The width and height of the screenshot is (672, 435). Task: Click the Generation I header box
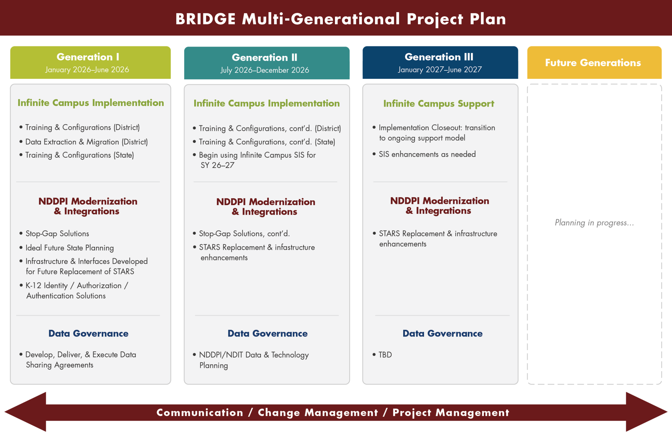pos(90,63)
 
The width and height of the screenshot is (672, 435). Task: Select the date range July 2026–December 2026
pos(265,70)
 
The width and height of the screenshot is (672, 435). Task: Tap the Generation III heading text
pos(439,57)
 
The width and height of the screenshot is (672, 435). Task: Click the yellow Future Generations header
pos(594,63)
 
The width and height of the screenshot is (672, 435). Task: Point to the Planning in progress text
pos(594,223)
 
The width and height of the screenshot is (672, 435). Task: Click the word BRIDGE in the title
pos(205,19)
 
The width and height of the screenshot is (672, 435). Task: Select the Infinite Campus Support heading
pos(439,104)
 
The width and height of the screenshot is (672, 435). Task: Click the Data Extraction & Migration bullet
pos(86,142)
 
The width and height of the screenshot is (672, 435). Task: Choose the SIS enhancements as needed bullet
pos(427,154)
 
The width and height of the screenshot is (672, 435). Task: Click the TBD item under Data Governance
pos(385,355)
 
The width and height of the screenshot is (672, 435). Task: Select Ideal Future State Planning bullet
pos(69,248)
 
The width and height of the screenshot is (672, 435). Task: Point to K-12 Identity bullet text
pos(77,290)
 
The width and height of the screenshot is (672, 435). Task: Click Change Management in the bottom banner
pos(318,413)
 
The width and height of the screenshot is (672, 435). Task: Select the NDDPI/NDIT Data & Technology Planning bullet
pos(254,360)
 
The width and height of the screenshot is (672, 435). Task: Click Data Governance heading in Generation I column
pos(88,333)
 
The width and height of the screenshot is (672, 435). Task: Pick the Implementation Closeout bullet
pos(436,133)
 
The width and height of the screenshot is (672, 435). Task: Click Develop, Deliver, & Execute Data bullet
pos(81,359)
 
